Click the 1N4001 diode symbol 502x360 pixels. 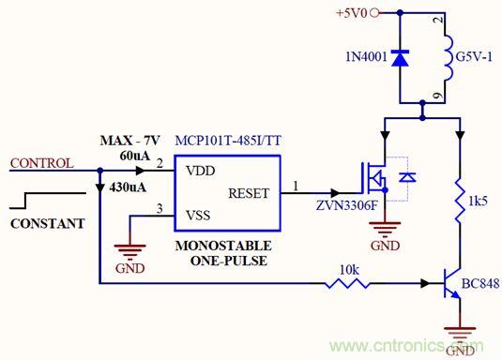[400, 58]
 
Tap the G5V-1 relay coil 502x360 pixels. [449, 57]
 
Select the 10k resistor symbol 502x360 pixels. [348, 283]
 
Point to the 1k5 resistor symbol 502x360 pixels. [460, 201]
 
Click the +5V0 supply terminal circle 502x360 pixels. [374, 13]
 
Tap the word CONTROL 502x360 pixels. [41, 163]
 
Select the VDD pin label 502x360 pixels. [201, 171]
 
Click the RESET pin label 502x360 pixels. [249, 193]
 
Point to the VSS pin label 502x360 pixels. [198, 215]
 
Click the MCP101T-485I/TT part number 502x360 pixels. [228, 141]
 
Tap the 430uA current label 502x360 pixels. [128, 187]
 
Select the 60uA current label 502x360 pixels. [135, 156]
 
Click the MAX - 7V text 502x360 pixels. [129, 141]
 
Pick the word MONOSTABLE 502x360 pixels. [223, 246]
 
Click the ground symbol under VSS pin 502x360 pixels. [129, 252]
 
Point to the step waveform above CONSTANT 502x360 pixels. [48, 201]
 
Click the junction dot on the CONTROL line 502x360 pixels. [100, 171]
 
